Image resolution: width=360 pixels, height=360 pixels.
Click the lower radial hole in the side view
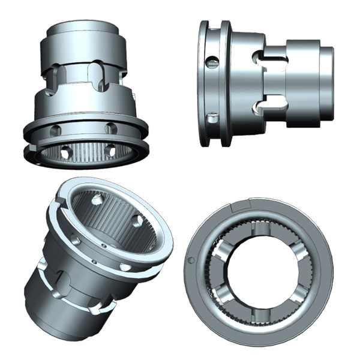coord(211,118)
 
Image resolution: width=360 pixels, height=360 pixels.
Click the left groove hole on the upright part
coord(55,130)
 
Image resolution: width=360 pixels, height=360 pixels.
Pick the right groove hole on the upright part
coord(110,128)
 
